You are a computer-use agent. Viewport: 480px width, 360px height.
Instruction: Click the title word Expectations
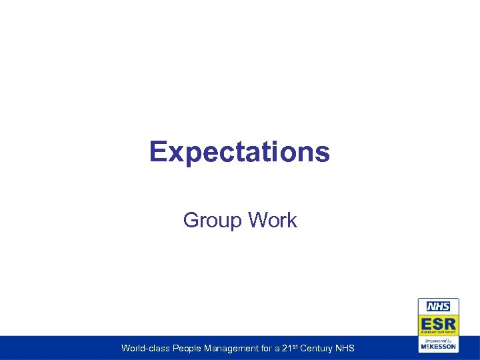click(239, 152)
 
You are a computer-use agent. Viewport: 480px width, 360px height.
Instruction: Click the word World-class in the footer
click(141, 348)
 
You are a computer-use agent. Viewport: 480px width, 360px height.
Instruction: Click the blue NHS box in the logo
click(438, 307)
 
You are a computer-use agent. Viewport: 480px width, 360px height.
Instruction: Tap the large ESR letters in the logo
click(438, 322)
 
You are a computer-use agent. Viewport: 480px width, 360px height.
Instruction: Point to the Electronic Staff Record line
click(438, 332)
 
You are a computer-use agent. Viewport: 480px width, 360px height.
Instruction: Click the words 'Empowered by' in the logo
click(438, 340)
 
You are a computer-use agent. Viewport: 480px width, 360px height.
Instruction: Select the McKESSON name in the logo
click(438, 347)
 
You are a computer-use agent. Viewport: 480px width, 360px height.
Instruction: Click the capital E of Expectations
click(158, 152)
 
